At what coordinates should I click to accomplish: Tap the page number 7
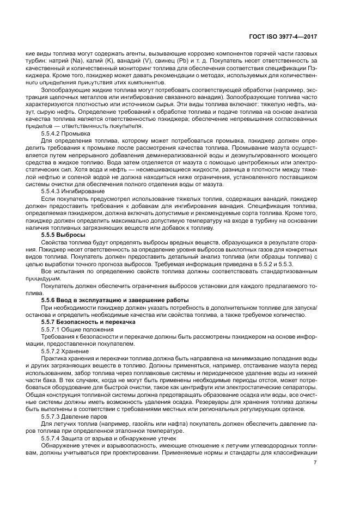(315, 463)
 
